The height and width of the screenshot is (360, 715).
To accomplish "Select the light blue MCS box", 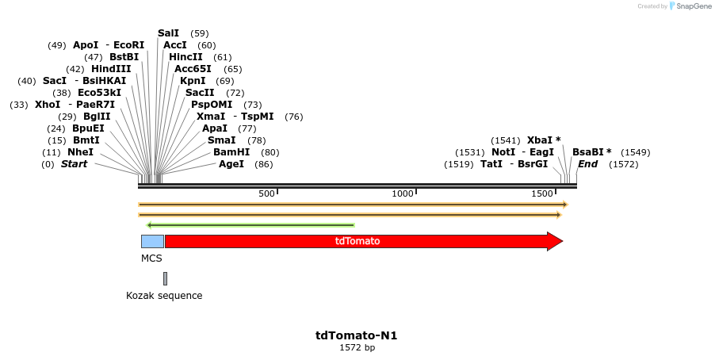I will click(x=152, y=241).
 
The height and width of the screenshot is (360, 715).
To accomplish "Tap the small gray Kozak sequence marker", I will click(x=165, y=278).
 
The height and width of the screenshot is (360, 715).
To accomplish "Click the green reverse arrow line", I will click(x=250, y=225).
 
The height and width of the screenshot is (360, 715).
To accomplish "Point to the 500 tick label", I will click(x=266, y=193).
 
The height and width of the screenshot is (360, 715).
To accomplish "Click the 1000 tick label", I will click(x=403, y=193).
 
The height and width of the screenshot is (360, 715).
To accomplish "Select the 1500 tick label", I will click(x=541, y=193).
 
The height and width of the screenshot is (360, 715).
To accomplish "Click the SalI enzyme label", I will click(x=168, y=33).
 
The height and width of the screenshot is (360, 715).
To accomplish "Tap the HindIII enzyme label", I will click(x=110, y=69).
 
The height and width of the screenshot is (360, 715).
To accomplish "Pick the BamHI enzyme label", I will click(x=231, y=152).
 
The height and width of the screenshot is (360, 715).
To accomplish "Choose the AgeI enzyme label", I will click(x=231, y=164).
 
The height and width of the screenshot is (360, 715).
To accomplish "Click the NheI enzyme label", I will click(x=80, y=152).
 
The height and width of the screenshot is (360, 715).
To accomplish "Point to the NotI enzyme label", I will click(x=503, y=152).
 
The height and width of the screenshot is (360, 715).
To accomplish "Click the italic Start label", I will click(x=74, y=164).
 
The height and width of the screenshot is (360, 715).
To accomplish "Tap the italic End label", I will click(x=587, y=164).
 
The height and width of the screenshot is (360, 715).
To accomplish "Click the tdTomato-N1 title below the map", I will click(x=357, y=335).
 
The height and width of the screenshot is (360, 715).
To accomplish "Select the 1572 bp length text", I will click(x=357, y=347).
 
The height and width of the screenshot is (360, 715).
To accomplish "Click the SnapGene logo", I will click(x=688, y=6).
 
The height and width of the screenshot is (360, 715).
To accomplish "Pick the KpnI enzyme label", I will click(x=193, y=81).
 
